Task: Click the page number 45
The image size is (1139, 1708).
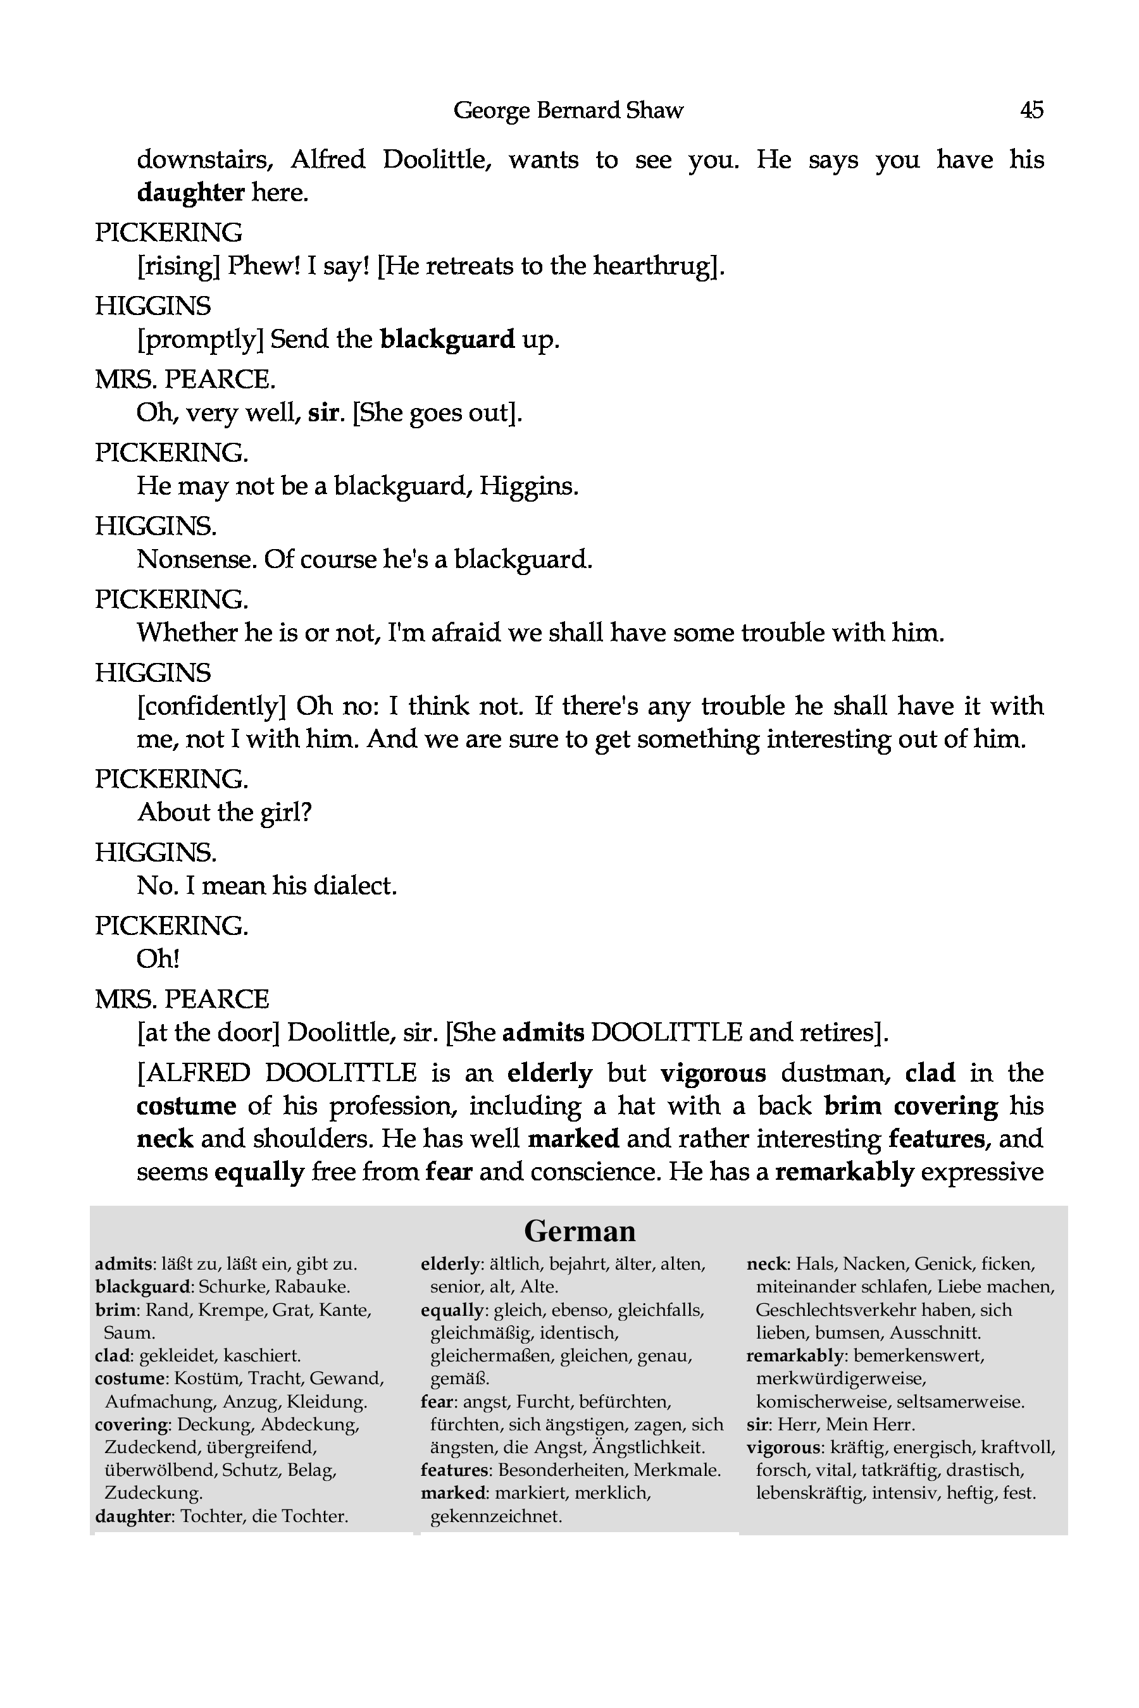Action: pyautogui.click(x=1031, y=110)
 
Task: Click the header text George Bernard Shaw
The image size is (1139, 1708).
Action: pyautogui.click(x=568, y=110)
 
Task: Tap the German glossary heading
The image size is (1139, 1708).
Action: pyautogui.click(x=579, y=1231)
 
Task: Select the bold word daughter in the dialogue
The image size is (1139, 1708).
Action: pyautogui.click(x=190, y=192)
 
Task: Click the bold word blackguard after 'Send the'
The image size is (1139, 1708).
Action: pyautogui.click(x=447, y=339)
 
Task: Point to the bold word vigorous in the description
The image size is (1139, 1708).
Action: pyautogui.click(x=713, y=1073)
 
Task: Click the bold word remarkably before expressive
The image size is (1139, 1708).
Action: pyautogui.click(x=844, y=1172)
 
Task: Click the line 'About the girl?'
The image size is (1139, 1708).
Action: pyautogui.click(x=225, y=813)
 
